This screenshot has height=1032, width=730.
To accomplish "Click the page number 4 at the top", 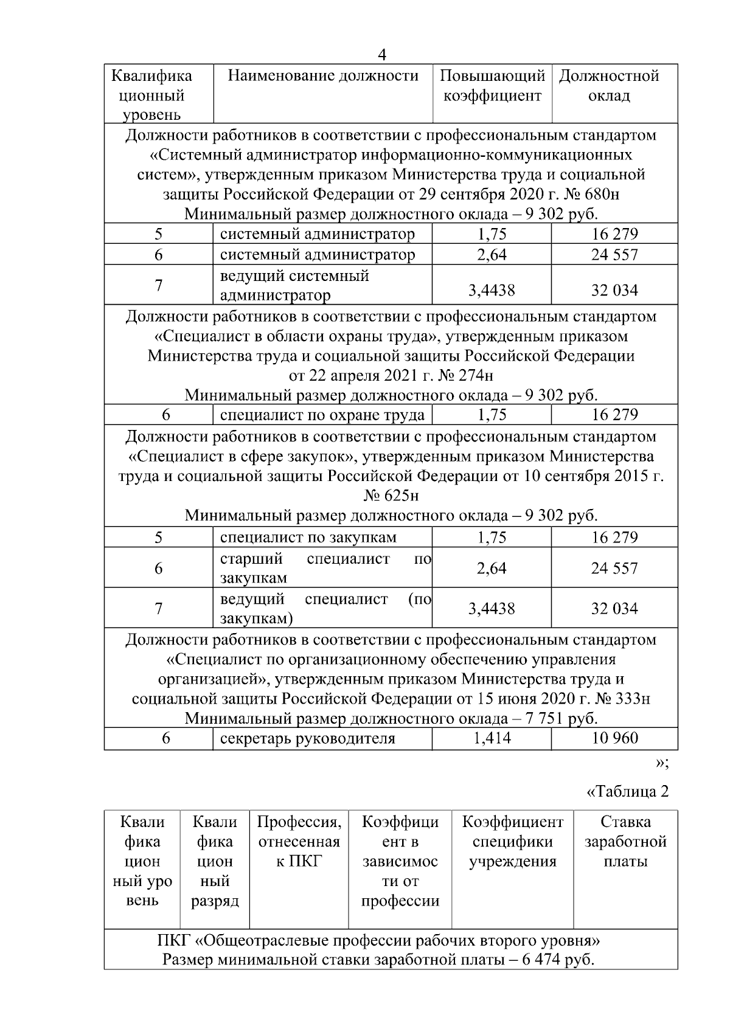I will click(381, 55).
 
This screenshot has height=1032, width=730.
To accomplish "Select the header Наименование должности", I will click(322, 76).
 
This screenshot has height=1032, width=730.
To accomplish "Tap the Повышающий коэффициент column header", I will click(492, 86).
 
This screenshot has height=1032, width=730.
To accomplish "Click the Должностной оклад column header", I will click(609, 86).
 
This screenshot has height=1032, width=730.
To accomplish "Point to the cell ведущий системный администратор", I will click(294, 285).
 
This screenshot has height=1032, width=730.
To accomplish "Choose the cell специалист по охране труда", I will click(322, 415).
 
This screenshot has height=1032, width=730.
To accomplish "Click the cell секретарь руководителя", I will click(307, 738).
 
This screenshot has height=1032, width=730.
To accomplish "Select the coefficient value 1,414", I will click(492, 738).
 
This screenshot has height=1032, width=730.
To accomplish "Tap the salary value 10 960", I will click(614, 738).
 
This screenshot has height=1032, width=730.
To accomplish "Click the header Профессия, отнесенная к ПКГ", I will click(299, 842).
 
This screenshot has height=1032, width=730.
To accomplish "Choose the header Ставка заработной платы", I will click(625, 842).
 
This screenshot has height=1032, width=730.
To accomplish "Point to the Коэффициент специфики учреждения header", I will click(513, 842).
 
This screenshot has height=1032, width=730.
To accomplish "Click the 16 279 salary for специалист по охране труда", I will click(614, 415).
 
